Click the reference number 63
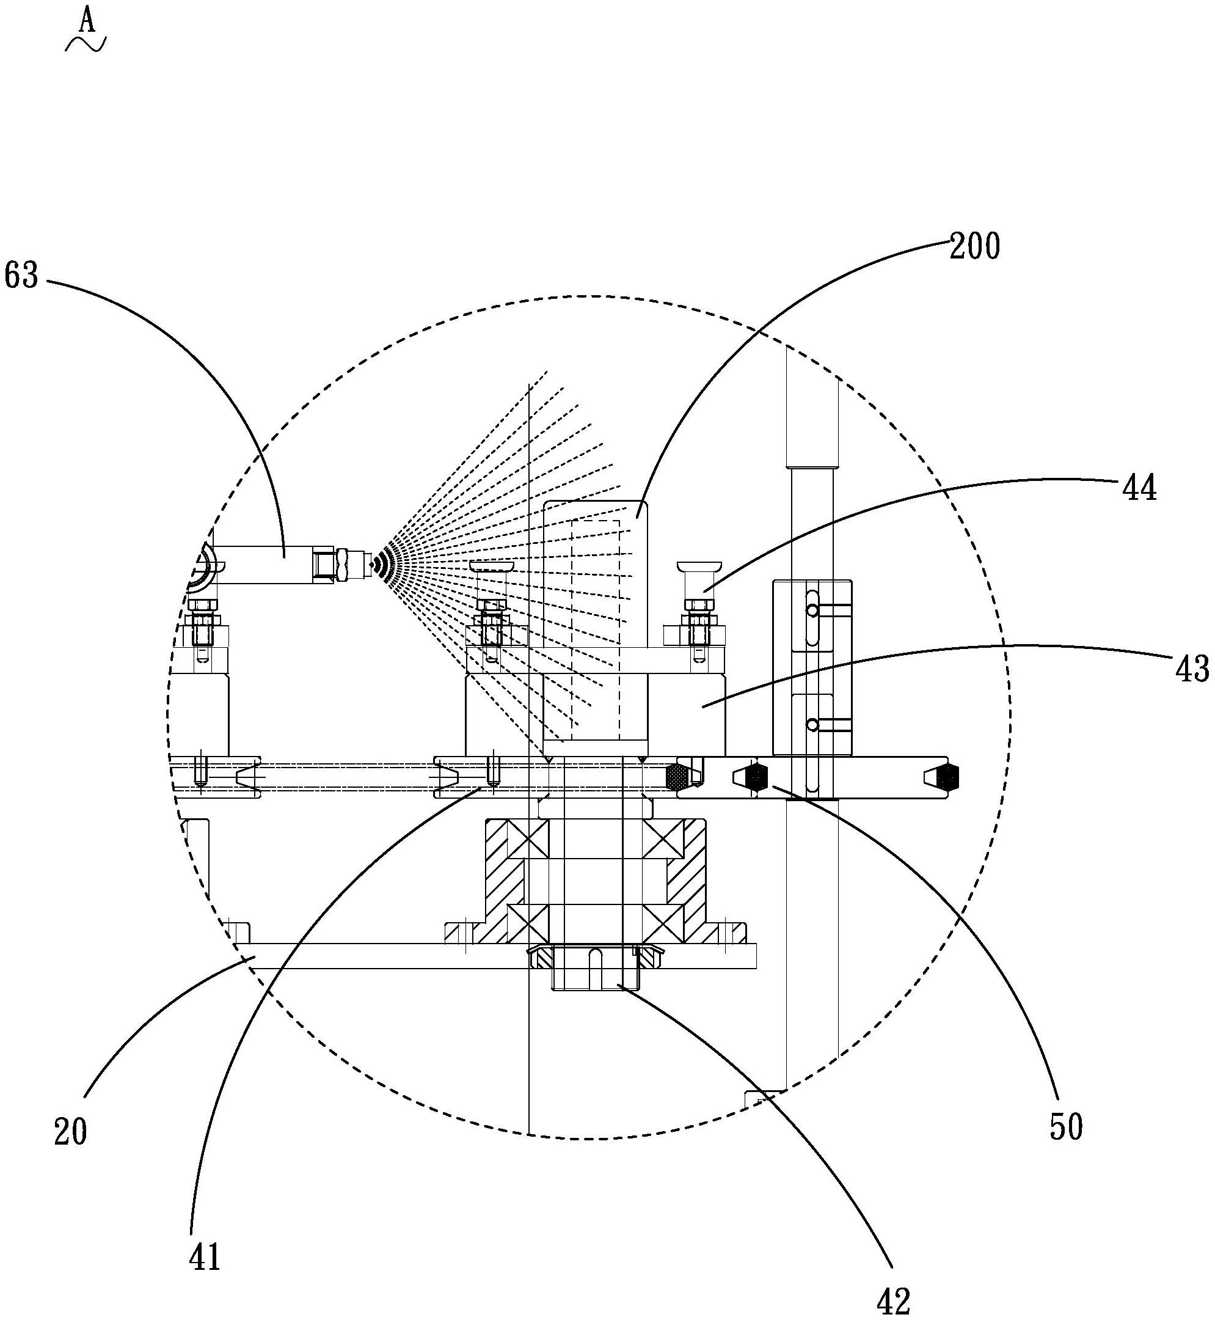22,276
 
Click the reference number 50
1066,1127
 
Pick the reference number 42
894,1300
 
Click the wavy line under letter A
86,44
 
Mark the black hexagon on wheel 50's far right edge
947,778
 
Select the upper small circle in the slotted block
813,612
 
